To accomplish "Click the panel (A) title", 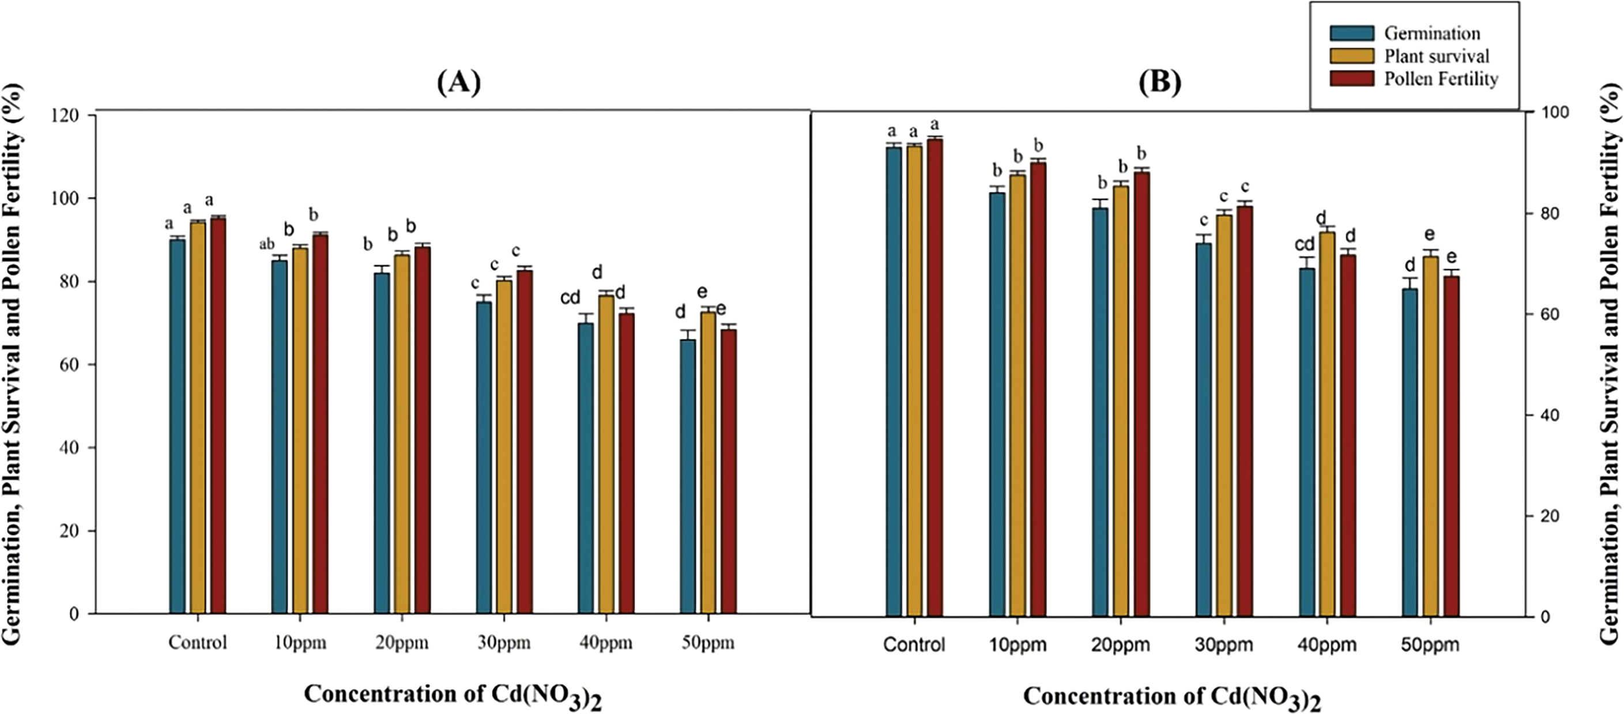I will point(458,83).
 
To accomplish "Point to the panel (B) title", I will point(1159,83).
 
